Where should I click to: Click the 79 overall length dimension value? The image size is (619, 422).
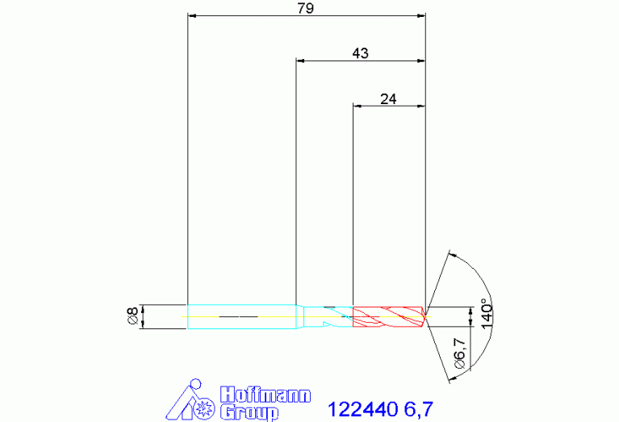coord(306,8)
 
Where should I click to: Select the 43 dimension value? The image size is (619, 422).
coord(360,53)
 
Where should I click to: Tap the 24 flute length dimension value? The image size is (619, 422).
coord(388,98)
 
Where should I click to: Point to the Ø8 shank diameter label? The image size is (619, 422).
coord(133,315)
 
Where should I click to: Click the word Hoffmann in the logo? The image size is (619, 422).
coord(266,395)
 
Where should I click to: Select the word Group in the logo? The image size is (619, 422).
coord(249,412)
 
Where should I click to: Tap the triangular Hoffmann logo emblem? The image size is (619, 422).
coord(190,399)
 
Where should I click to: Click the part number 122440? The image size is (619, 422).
coord(362,409)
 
